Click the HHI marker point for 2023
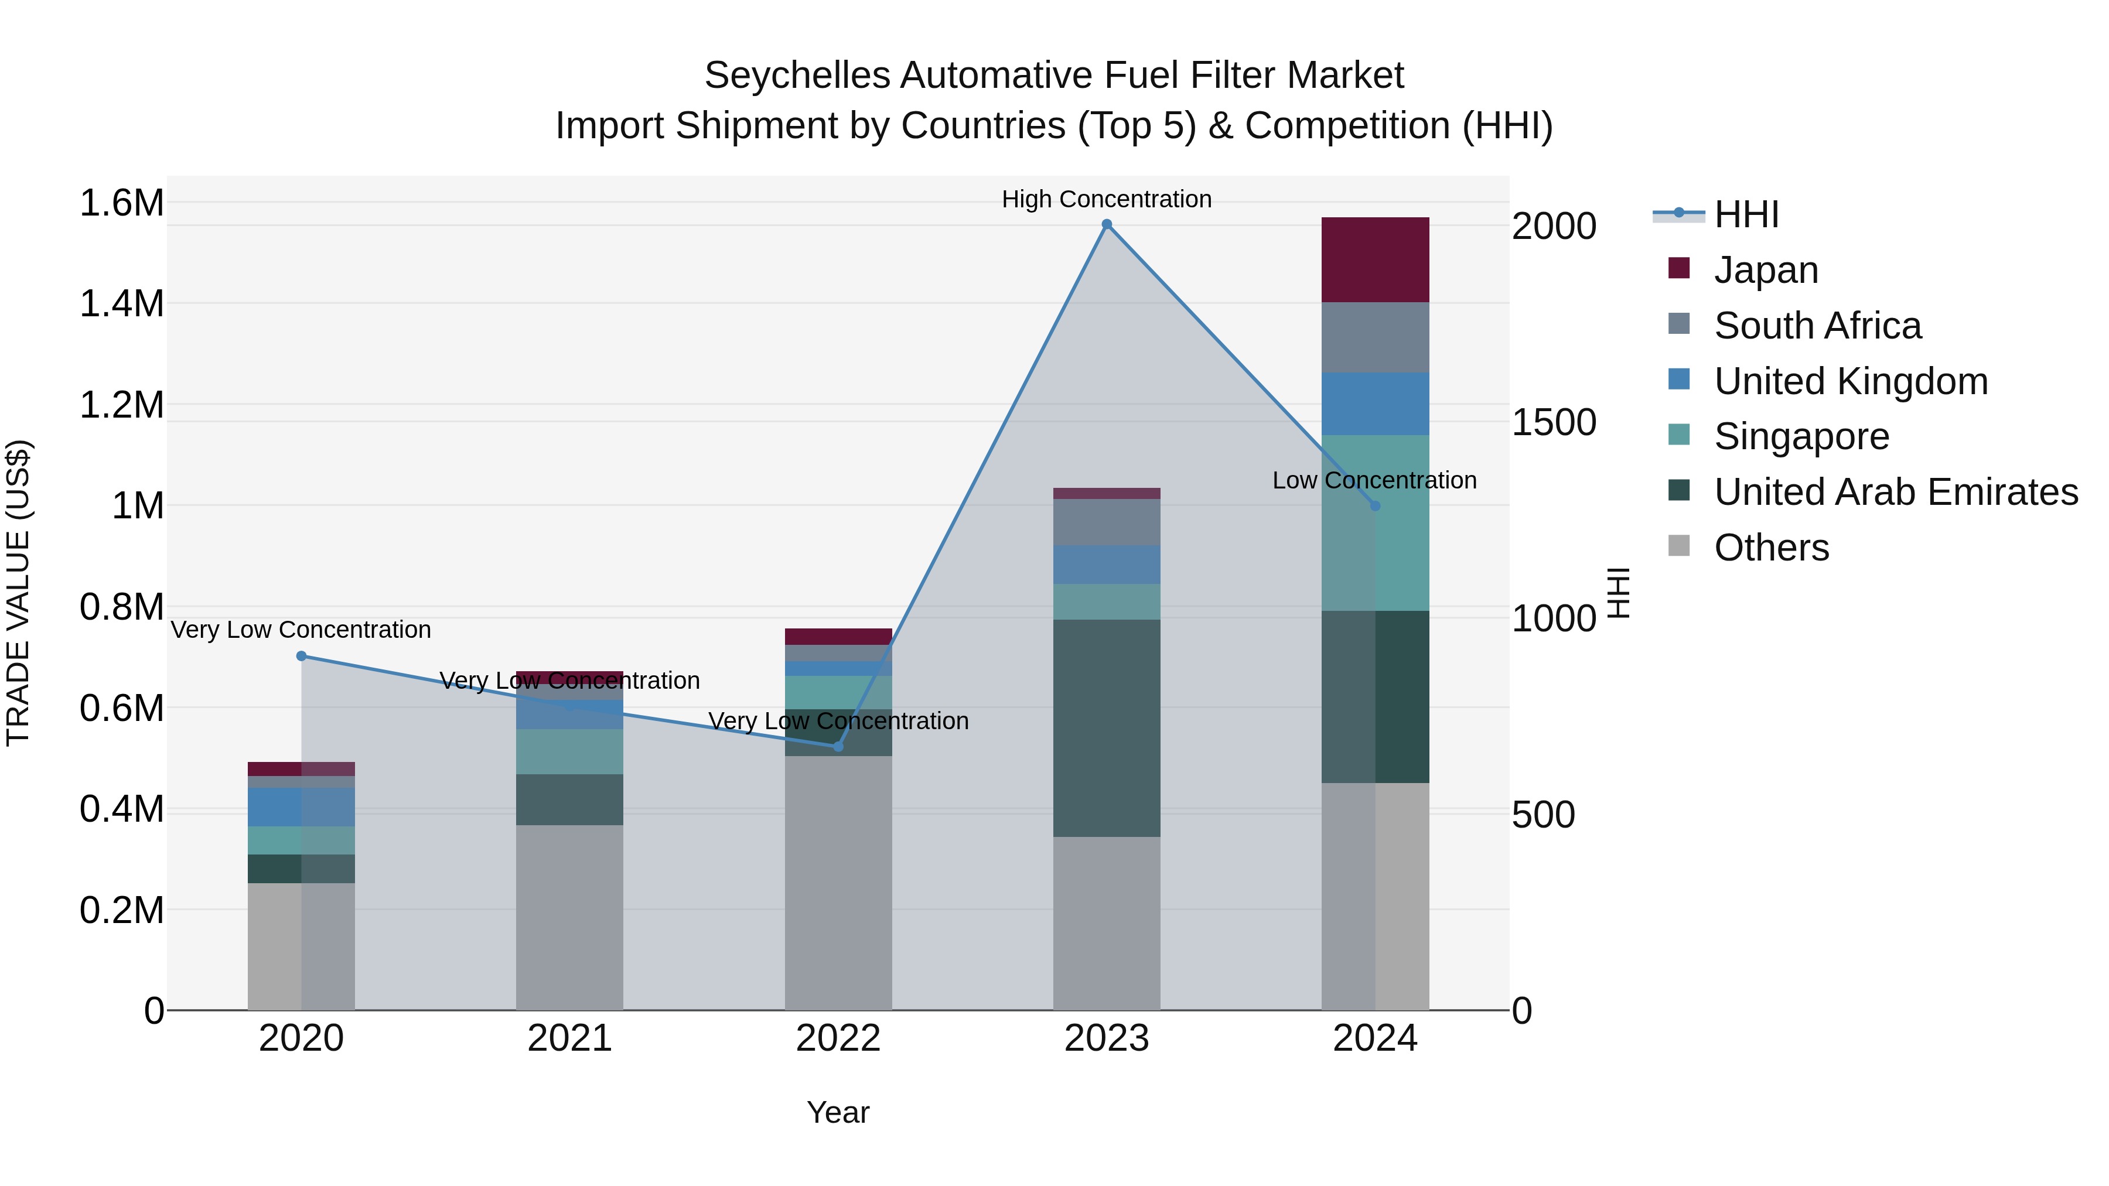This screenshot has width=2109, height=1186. [x=1106, y=224]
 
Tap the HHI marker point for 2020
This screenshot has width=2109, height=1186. [x=301, y=655]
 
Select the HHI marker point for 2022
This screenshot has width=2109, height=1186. [x=838, y=747]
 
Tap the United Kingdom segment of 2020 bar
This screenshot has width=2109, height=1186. [x=301, y=806]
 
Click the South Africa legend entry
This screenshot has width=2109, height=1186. [x=1817, y=326]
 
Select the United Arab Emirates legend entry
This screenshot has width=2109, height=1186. [x=1895, y=492]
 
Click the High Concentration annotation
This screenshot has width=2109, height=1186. [x=1106, y=199]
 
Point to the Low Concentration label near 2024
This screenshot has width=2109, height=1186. [x=1374, y=480]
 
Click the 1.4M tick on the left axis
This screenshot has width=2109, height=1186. [x=121, y=303]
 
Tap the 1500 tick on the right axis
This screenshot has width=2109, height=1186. [x=1553, y=422]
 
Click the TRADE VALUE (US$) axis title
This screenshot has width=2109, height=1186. [x=19, y=593]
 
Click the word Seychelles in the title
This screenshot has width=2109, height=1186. [x=797, y=76]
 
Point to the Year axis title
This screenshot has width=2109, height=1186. [x=838, y=1112]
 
